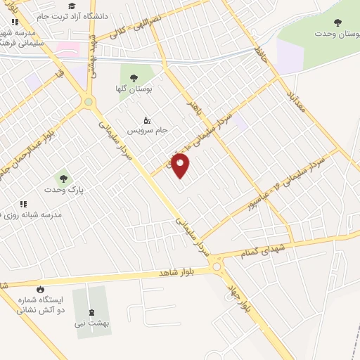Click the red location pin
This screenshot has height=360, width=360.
(x=181, y=165)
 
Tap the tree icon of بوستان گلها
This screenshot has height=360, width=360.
(x=132, y=77)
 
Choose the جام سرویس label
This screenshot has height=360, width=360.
(x=144, y=131)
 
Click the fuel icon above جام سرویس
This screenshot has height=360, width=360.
(x=146, y=120)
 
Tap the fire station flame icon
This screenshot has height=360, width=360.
(x=40, y=290)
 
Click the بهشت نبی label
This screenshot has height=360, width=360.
(x=90, y=323)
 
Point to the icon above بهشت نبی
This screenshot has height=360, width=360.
(x=90, y=312)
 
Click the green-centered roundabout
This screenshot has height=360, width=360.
(x=89, y=102)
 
